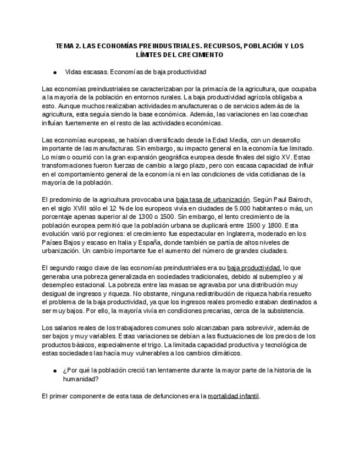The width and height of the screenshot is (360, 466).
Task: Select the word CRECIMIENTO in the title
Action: click(x=201, y=55)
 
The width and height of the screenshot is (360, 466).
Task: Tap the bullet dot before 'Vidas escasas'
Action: click(x=56, y=72)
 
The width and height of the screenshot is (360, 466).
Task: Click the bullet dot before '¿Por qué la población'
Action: click(x=56, y=370)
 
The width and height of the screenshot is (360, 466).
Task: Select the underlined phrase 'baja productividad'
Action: click(x=250, y=268)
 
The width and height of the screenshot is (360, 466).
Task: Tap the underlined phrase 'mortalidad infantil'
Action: click(x=233, y=396)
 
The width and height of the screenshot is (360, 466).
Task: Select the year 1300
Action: click(x=158, y=217)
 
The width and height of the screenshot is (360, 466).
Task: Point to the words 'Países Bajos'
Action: click(x=61, y=242)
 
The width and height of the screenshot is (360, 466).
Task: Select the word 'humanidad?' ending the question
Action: click(x=80, y=379)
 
